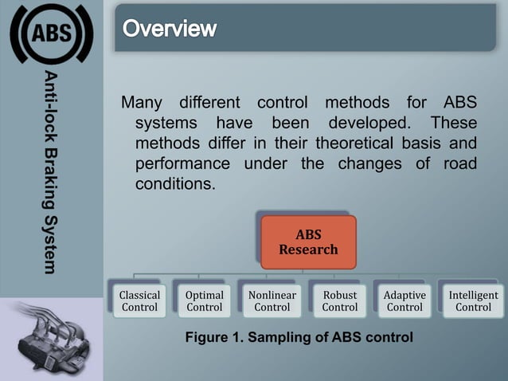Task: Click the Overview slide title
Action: [170, 29]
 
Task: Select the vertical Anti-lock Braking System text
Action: [50, 172]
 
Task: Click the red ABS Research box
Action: [308, 242]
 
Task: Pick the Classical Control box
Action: [139, 301]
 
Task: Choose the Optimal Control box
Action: [204, 301]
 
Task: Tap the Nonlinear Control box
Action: [272, 301]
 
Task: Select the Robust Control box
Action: [340, 301]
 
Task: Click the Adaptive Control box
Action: [404, 301]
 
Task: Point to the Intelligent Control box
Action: [473, 301]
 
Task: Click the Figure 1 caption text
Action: [299, 337]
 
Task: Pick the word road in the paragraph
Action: [461, 163]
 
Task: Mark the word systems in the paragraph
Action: [165, 124]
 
